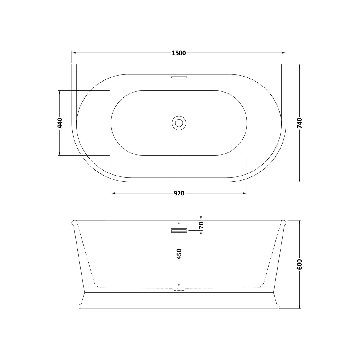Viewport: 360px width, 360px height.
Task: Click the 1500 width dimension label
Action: click(179, 53)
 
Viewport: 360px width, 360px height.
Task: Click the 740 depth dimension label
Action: click(299, 123)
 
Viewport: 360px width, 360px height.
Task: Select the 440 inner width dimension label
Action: click(60, 123)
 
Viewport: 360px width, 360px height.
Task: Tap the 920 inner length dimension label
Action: click(179, 193)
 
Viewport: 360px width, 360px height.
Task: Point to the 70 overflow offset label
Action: click(201, 225)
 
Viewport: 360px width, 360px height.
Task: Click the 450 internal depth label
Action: click(179, 254)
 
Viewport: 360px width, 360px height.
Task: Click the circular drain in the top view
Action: click(179, 122)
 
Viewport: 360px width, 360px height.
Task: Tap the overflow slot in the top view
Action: click(179, 78)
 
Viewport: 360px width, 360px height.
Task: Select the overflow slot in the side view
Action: click(179, 230)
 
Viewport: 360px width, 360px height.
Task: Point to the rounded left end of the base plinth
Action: click(81, 306)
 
